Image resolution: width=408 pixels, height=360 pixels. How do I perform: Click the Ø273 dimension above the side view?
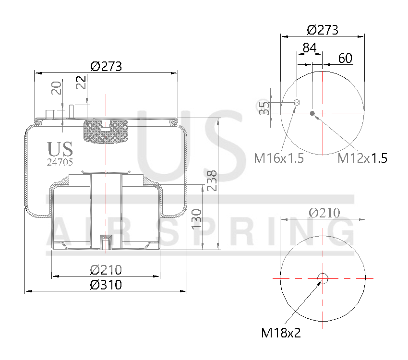[x=106, y=66]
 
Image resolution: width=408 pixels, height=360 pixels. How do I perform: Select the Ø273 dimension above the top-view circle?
[x=323, y=30]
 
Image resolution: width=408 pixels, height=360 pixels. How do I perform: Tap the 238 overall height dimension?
[x=212, y=180]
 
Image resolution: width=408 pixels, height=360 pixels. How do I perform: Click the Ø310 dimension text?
[x=106, y=285]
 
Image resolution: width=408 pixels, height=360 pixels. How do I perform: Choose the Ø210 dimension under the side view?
[x=106, y=270]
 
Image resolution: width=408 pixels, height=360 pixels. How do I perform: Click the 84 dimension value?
[x=309, y=48]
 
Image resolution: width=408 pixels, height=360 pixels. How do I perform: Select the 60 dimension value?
[x=345, y=59]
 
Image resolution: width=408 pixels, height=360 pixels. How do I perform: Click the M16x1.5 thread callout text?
[x=279, y=158]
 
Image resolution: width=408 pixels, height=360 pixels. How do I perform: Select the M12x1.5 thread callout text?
[x=362, y=158]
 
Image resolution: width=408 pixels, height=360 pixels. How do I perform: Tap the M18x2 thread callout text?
[x=281, y=333]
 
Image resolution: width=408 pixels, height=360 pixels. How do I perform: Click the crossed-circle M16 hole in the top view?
[x=297, y=102]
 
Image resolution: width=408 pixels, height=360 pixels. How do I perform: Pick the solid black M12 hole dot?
[x=312, y=113]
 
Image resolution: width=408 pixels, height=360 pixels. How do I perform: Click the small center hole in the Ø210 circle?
[x=323, y=278]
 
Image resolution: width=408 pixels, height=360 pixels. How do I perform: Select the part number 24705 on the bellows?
[x=60, y=162]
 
